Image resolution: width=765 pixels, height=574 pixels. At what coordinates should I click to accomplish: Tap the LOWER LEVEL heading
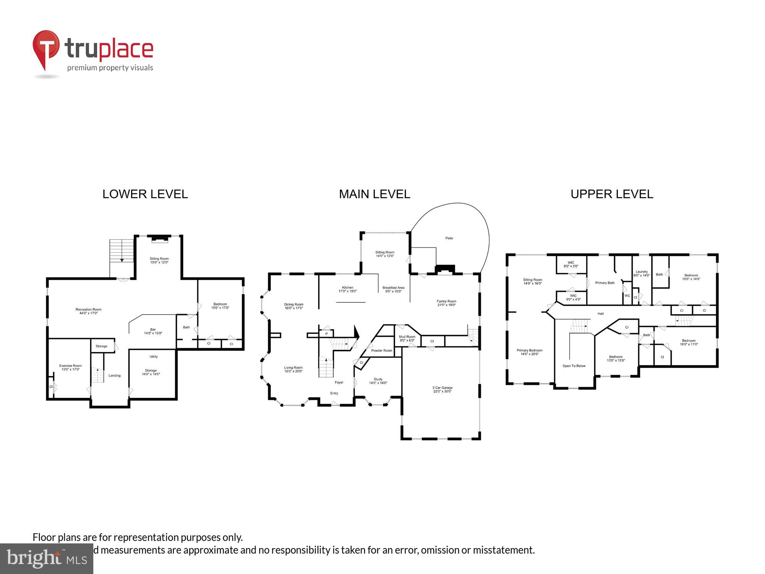pyautogui.click(x=145, y=194)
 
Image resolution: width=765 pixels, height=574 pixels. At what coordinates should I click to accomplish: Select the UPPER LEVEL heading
pyautogui.click(x=612, y=194)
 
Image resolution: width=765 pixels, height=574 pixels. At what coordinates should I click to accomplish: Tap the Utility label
pyautogui.click(x=153, y=357)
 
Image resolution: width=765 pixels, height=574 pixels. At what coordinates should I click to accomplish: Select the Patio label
pyautogui.click(x=449, y=238)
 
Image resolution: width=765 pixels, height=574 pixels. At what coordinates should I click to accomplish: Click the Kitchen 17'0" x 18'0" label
pyautogui.click(x=347, y=289)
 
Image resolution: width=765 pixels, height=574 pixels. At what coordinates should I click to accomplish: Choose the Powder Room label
pyautogui.click(x=381, y=351)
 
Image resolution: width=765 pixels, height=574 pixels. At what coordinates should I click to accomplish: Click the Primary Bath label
pyautogui.click(x=605, y=283)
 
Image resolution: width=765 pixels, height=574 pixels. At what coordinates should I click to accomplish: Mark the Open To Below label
pyautogui.click(x=574, y=366)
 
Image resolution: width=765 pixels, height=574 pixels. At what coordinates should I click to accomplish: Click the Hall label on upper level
pyautogui.click(x=601, y=314)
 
